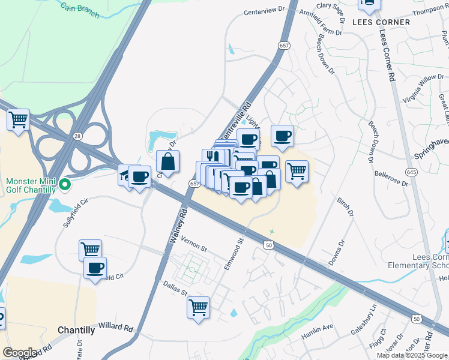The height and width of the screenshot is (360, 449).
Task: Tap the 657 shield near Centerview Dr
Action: tap(284, 46)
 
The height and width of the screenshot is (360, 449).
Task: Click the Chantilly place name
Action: tap(76, 330)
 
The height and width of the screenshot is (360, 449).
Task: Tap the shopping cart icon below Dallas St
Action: tap(198, 308)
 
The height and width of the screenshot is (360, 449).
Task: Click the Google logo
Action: tap(20, 353)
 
